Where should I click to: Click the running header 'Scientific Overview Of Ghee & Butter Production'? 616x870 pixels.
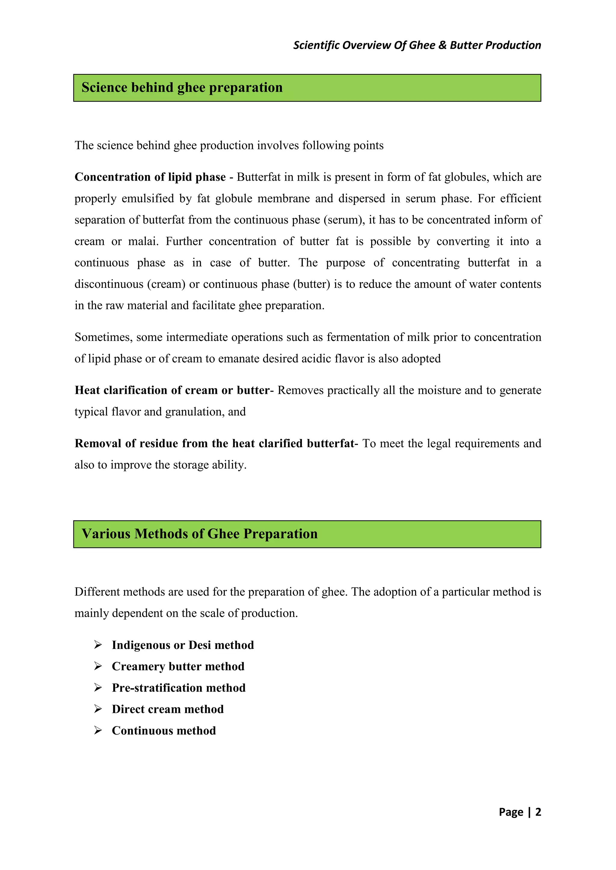[417, 45]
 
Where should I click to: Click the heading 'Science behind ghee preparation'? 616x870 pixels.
[182, 87]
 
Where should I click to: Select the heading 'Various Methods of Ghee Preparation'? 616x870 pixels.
[199, 534]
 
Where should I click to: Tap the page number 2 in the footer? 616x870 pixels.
[538, 812]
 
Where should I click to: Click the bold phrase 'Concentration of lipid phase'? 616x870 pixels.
[150, 177]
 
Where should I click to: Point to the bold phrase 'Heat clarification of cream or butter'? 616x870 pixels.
[172, 390]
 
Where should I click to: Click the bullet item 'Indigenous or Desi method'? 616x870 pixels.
[183, 645]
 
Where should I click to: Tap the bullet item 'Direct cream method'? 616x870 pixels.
[168, 709]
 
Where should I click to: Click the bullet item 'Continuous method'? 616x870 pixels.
[164, 731]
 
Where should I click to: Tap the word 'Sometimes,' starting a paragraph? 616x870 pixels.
[103, 337]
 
